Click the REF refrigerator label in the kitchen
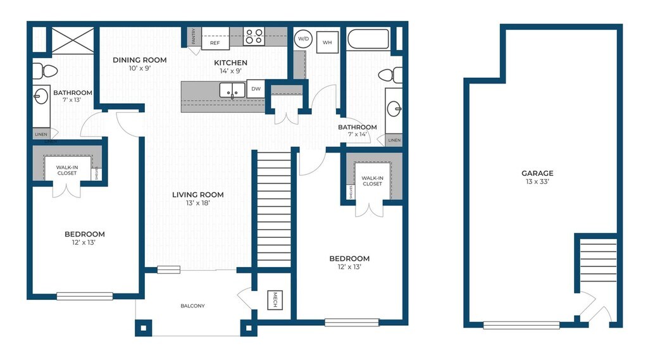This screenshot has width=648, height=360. point(215,43)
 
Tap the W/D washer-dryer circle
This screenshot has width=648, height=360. point(303,39)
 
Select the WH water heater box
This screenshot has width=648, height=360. point(327,42)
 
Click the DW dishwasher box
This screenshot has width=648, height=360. point(256,89)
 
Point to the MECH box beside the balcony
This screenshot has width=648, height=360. point(275,300)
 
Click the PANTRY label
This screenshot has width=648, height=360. point(194,36)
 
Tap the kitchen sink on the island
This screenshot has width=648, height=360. point(232,90)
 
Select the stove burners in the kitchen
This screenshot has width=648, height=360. point(254,36)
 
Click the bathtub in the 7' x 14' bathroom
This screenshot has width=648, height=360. point(368,39)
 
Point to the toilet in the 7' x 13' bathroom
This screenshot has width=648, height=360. point(45,71)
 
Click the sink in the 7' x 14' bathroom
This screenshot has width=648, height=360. point(394,110)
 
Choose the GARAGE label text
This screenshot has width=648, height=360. point(537,173)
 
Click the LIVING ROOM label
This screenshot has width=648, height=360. point(198,195)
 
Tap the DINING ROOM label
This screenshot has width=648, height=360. point(140,60)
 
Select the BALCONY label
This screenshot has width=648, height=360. point(192,306)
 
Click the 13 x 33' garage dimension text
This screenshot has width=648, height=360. point(537,182)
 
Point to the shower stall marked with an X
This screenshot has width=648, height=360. point(73,40)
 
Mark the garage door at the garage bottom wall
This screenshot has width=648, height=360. point(521,325)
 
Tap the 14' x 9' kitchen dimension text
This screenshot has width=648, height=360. point(230,71)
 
